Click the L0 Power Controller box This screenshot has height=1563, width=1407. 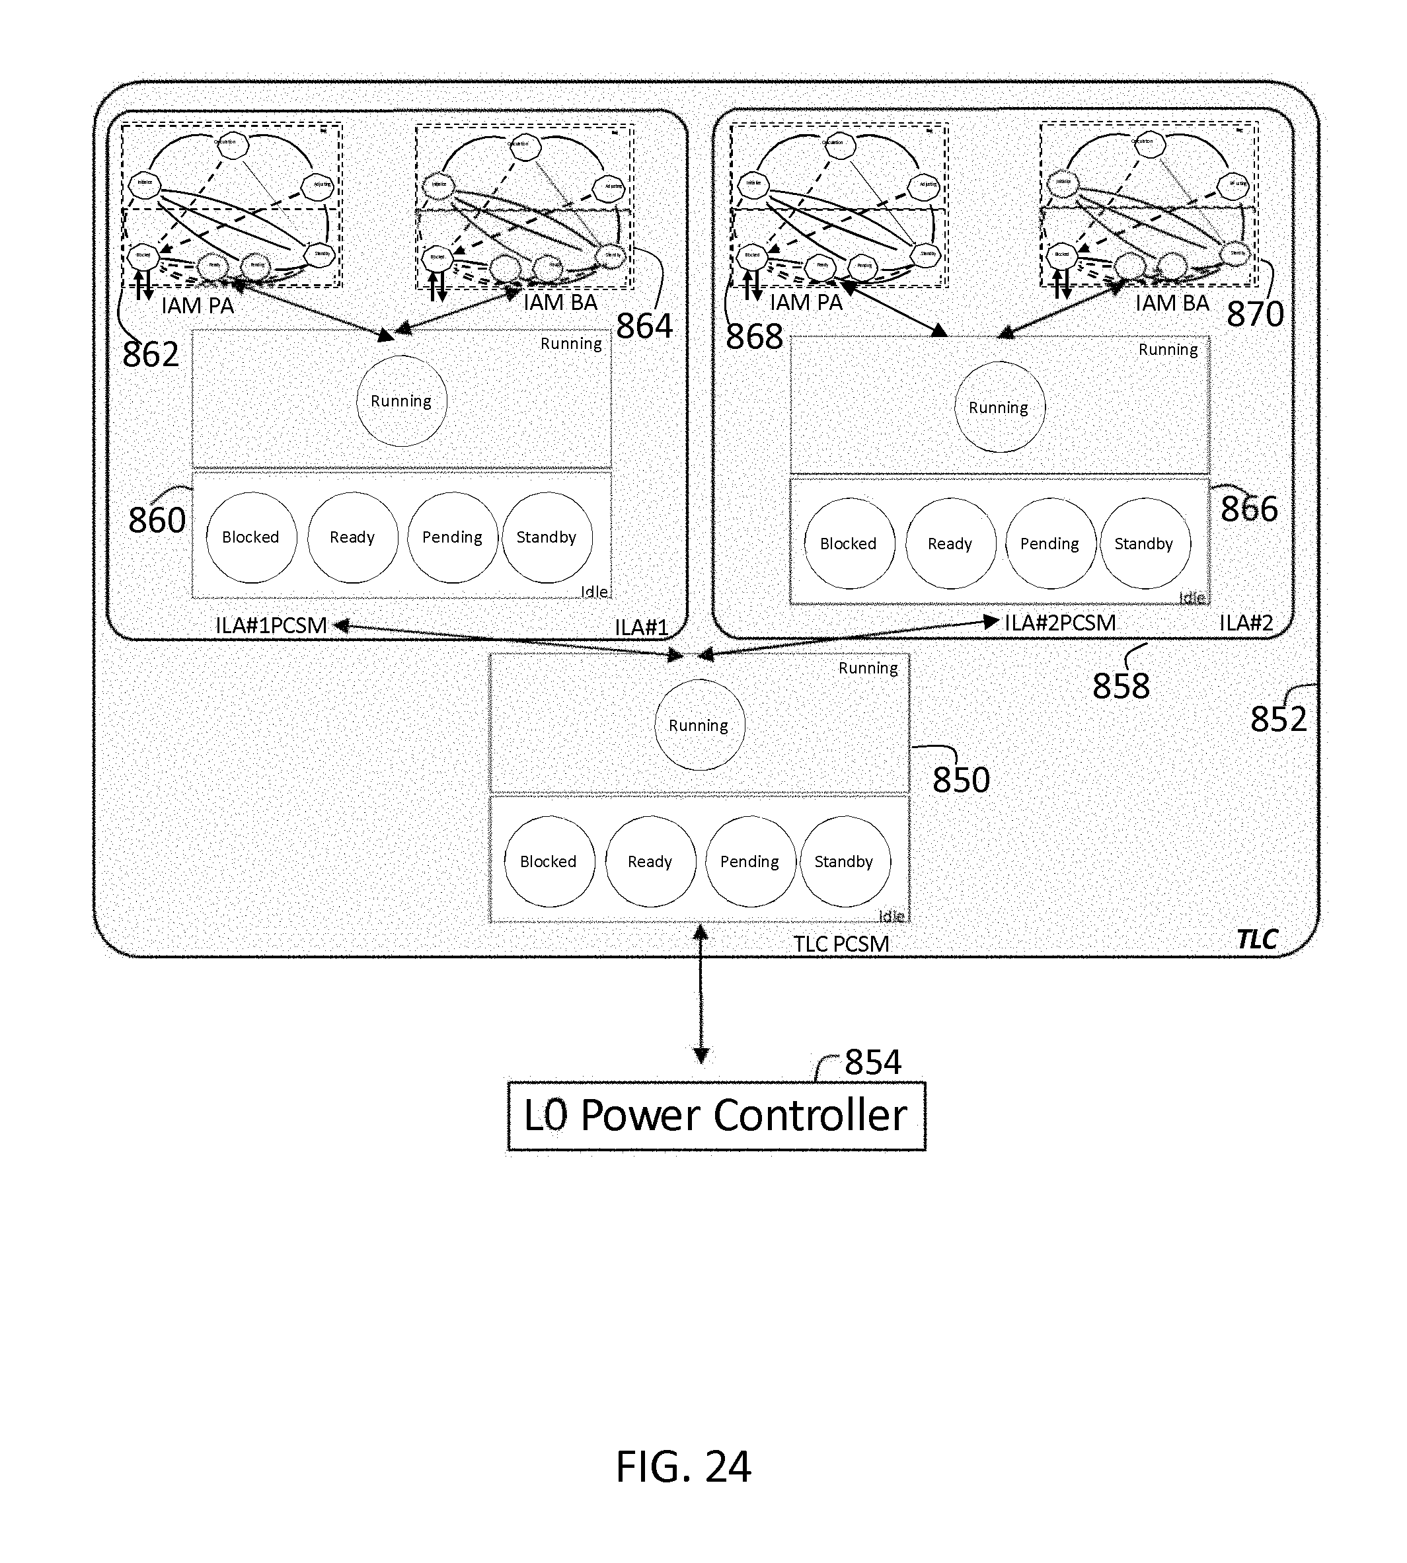coord(716,1116)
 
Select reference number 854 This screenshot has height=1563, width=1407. coord(873,1062)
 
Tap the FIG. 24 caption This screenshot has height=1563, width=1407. coord(683,1466)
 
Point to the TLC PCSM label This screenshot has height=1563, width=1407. coord(841,944)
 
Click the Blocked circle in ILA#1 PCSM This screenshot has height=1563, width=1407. coord(251,537)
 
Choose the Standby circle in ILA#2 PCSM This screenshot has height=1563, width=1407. coord(1144,543)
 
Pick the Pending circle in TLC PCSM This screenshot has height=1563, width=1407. coord(750,861)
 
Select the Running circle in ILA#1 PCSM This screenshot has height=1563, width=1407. coord(401,401)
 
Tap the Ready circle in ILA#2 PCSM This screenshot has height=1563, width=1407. coord(950,543)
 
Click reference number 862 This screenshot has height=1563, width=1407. coord(151,355)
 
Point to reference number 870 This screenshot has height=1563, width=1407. coord(1256,314)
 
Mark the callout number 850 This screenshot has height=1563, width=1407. coord(961,780)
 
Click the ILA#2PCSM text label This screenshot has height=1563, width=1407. coord(1060,623)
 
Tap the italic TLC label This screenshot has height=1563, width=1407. coord(1257,939)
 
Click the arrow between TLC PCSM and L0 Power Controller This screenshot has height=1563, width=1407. coord(701,993)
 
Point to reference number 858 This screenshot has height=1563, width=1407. coord(1121,685)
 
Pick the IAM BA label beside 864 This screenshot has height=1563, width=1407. coord(560,302)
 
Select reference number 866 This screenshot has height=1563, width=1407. coord(1249,509)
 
